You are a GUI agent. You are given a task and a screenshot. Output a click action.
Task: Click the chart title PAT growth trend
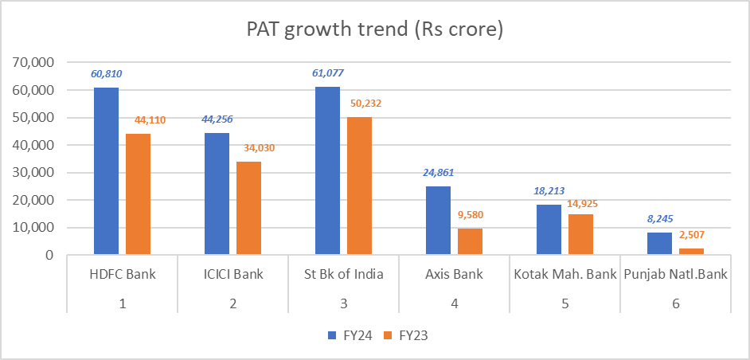(375, 30)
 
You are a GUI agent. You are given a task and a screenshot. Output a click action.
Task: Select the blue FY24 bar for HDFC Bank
(106, 171)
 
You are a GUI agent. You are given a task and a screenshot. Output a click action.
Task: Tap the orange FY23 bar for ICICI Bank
(248, 208)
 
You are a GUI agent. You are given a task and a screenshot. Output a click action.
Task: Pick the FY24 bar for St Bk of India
(327, 170)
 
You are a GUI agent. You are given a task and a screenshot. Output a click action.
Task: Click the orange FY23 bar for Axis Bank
(470, 241)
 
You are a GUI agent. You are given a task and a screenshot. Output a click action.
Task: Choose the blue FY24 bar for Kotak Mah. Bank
(549, 229)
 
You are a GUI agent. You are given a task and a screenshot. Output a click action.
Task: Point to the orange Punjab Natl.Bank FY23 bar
(691, 251)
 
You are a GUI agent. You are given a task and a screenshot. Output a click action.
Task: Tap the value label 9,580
(471, 215)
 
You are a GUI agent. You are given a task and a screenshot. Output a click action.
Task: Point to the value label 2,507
(691, 234)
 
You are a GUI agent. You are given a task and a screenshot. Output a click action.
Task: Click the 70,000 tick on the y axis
(33, 62)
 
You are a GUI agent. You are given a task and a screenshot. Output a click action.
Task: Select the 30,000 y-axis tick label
(33, 173)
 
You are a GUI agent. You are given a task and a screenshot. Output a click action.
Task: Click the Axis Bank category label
(454, 275)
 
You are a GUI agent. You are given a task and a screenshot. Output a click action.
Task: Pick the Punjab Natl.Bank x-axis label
(675, 275)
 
